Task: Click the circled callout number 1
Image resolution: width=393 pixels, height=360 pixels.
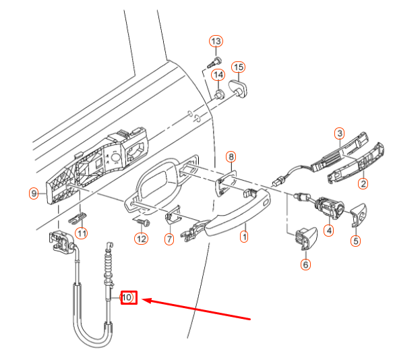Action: click(244, 237)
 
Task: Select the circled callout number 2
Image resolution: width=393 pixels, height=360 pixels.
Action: click(363, 183)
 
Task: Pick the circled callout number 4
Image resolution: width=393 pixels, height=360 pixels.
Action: click(329, 231)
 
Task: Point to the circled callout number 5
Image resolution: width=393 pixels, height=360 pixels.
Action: click(356, 240)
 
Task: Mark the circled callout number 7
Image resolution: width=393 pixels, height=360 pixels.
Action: click(169, 239)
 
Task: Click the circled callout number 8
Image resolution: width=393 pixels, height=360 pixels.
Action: click(231, 157)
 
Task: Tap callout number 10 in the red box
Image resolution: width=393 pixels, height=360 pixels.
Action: click(128, 297)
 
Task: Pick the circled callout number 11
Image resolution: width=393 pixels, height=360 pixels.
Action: click(81, 234)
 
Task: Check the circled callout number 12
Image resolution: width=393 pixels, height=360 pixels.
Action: click(140, 238)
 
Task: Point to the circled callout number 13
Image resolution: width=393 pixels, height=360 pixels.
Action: click(216, 42)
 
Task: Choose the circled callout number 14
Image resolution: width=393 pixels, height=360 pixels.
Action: click(219, 74)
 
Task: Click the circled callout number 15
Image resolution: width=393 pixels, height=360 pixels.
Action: click(238, 67)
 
